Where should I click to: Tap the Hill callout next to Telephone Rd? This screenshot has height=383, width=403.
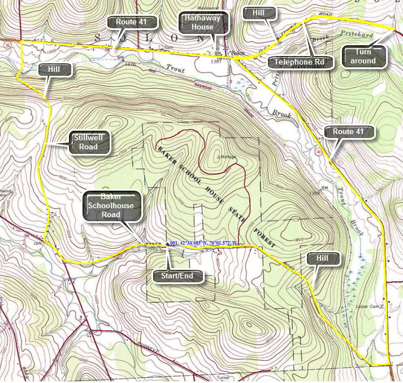[261, 13]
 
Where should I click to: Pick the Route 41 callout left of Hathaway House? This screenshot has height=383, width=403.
[132, 22]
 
